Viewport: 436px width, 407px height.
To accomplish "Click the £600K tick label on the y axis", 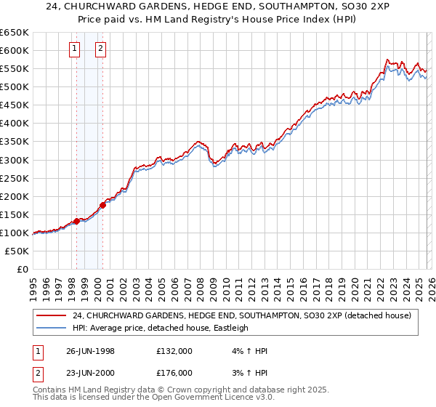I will pyautogui.click(x=15, y=50).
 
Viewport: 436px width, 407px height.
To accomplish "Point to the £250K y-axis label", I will pyautogui.click(x=15, y=178).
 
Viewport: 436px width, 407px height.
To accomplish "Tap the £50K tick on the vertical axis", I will pyautogui.click(x=17, y=251).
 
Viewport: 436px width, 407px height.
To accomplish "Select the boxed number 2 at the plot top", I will pyautogui.click(x=102, y=49).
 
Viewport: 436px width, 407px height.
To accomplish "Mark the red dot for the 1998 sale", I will pyautogui.click(x=77, y=221).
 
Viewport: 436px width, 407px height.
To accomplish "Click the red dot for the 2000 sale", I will pyautogui.click(x=102, y=205).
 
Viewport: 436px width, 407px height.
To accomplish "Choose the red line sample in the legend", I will pyautogui.click(x=51, y=315).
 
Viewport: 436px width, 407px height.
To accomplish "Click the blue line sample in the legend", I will pyautogui.click(x=51, y=328).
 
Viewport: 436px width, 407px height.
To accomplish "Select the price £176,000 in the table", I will pyautogui.click(x=174, y=373).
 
